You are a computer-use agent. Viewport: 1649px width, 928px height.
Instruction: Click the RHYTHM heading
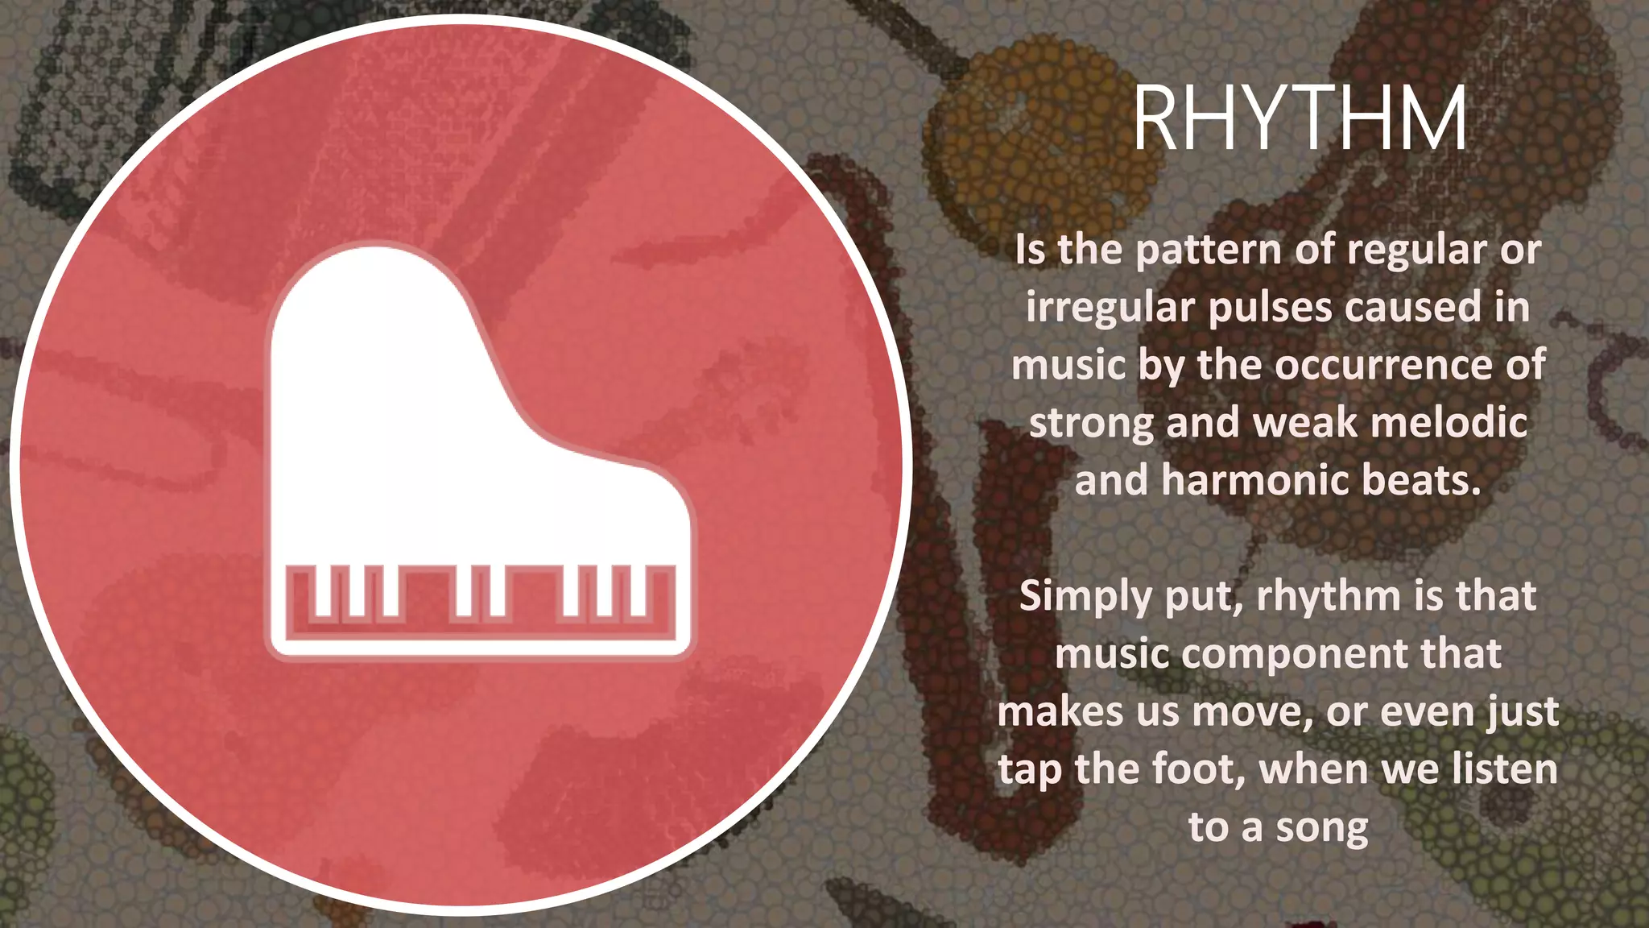tap(1300, 120)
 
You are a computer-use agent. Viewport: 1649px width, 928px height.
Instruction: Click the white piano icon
tap(480, 451)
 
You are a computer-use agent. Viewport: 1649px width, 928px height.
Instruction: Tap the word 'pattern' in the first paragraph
tap(1209, 250)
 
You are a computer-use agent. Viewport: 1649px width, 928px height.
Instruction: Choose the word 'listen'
tap(1505, 769)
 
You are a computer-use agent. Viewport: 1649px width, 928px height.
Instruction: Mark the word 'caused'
tap(1413, 308)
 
